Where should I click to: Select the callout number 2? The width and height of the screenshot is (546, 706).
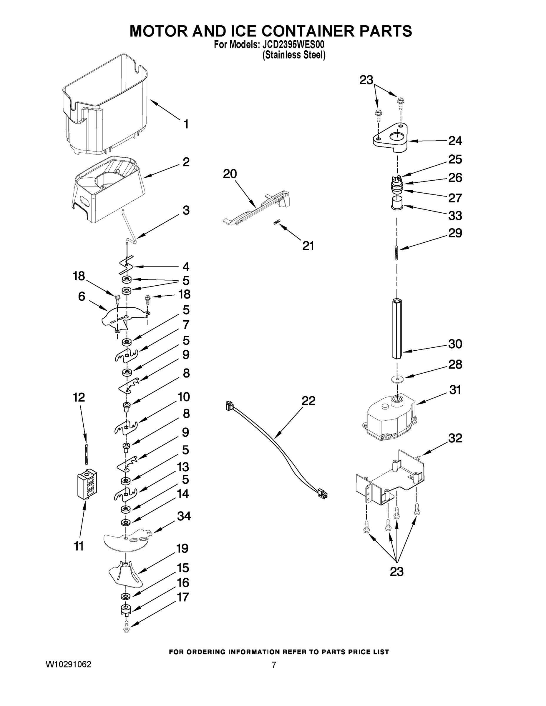186,162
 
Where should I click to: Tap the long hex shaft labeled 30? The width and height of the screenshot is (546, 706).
397,328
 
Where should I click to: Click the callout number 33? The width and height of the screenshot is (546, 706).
455,216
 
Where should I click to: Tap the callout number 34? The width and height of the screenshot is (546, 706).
184,516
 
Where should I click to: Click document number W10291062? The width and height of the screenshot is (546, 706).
69,665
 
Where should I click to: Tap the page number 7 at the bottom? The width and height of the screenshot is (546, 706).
274,665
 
